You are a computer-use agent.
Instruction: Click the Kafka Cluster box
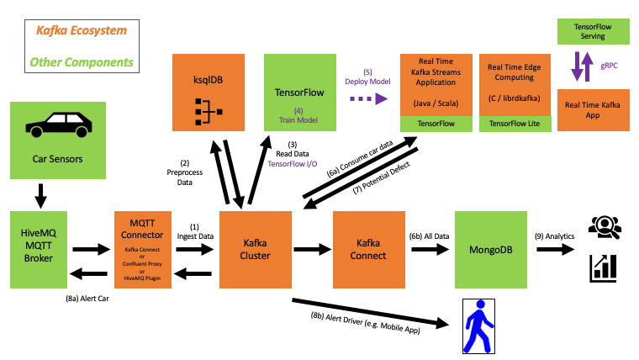(255, 249)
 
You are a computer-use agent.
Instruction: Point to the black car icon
(59, 124)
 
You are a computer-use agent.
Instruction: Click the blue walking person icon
(478, 326)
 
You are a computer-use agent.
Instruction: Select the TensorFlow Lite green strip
(515, 124)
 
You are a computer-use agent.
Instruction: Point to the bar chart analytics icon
(605, 267)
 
